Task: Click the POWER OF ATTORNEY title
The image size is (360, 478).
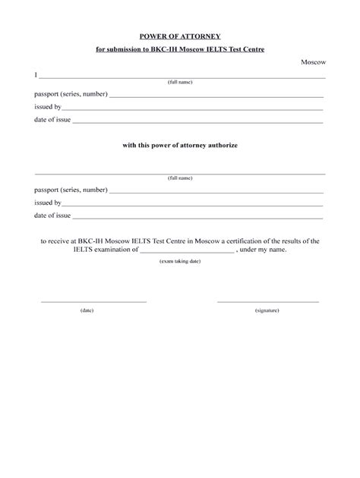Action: (x=180, y=36)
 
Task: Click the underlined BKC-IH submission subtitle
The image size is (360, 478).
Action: (x=180, y=49)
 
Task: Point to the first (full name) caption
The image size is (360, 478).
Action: (x=180, y=83)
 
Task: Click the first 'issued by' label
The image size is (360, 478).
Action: (x=47, y=107)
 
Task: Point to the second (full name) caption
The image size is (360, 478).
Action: (x=180, y=178)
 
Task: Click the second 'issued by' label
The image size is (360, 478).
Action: (x=47, y=203)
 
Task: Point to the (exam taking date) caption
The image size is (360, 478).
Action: (x=180, y=260)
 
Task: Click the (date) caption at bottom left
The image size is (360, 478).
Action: (x=87, y=310)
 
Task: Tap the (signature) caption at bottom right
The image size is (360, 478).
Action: (x=267, y=310)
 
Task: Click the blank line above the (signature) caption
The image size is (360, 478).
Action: (x=267, y=301)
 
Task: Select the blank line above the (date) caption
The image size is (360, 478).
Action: (x=93, y=301)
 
